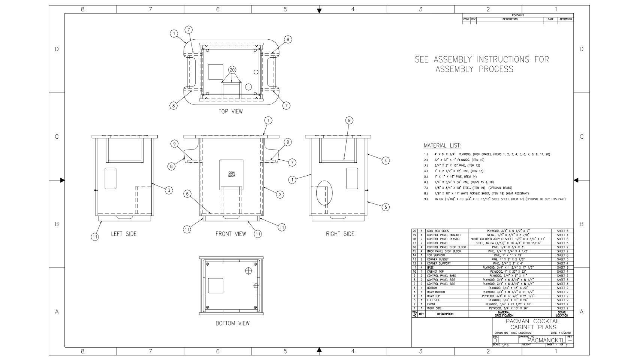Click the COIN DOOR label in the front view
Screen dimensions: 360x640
click(232, 175)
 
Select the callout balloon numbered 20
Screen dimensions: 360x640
click(232, 70)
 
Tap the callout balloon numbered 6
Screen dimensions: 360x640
click(188, 194)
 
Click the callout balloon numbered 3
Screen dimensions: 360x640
click(169, 190)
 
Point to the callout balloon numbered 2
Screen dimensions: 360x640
click(280, 194)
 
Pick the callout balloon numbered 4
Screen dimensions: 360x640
click(386, 161)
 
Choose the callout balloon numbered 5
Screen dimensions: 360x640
click(386, 206)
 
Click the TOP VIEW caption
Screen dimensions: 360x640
click(230, 111)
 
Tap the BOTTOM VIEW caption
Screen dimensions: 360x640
click(232, 323)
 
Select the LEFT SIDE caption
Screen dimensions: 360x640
click(124, 234)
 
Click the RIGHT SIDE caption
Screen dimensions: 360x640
click(340, 234)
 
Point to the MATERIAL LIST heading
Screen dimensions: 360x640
click(442, 146)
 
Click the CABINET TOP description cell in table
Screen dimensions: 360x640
click(435, 272)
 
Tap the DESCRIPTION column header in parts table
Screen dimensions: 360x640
click(445, 314)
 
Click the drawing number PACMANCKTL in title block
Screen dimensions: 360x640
click(546, 340)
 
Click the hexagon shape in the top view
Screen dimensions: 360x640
click(248, 87)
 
